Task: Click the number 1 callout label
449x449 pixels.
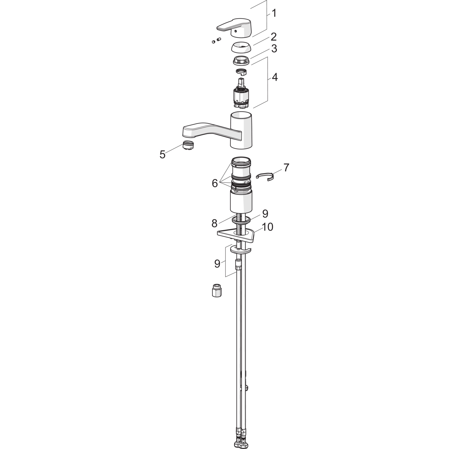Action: pos(274,13)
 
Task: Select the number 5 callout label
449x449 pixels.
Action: pos(163,155)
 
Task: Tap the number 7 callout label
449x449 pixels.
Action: pos(286,168)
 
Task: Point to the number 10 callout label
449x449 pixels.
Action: pos(267,227)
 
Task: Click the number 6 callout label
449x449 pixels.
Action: pos(215,183)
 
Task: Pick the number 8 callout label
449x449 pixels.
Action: pos(214,223)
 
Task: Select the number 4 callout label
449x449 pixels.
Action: pos(274,77)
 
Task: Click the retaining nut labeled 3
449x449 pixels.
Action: pos(241,60)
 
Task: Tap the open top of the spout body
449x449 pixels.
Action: pos(241,115)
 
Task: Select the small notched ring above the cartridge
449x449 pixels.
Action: pos(241,72)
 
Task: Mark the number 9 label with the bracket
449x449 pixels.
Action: pos(217,263)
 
